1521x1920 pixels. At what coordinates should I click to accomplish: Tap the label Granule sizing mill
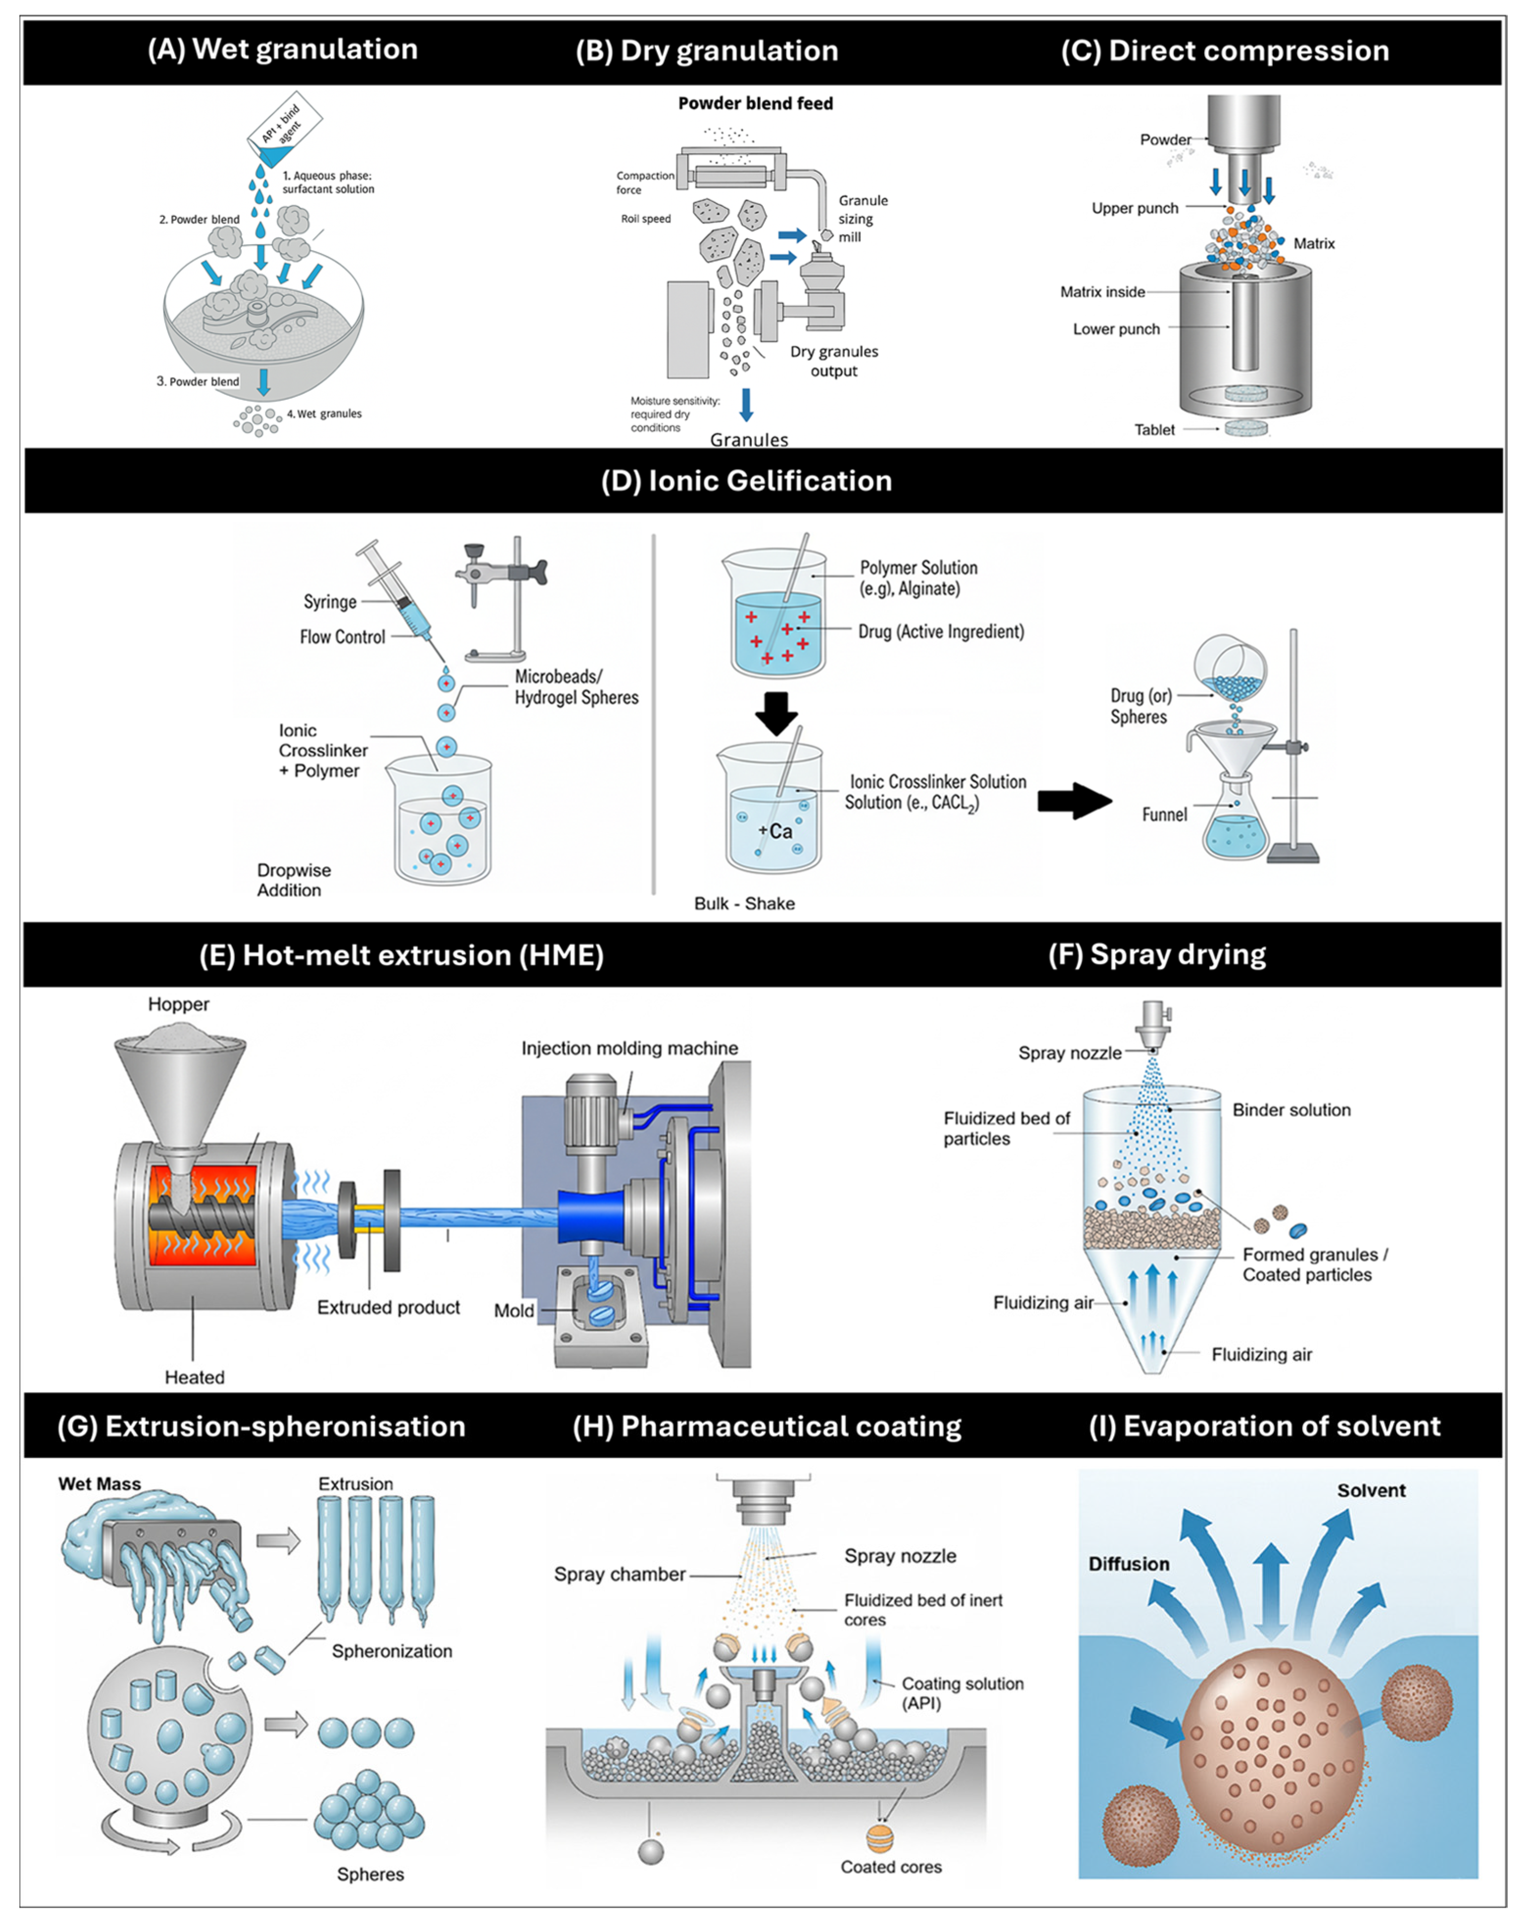pyautogui.click(x=862, y=219)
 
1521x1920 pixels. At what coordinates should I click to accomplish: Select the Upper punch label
pyautogui.click(x=1135, y=208)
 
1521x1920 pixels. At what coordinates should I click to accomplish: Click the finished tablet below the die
pyautogui.click(x=1245, y=429)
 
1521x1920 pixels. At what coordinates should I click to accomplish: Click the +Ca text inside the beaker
pyautogui.click(x=775, y=831)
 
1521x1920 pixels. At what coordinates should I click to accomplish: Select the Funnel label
pyautogui.click(x=1164, y=814)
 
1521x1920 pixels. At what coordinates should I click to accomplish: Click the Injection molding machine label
pyautogui.click(x=630, y=1048)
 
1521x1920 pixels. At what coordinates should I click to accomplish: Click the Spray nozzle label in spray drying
pyautogui.click(x=1070, y=1053)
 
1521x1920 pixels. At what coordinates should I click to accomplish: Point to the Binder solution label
pyautogui.click(x=1291, y=1110)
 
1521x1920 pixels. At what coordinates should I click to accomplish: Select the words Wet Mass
pyautogui.click(x=100, y=1484)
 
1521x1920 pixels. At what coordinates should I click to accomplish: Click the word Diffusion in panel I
pyautogui.click(x=1128, y=1564)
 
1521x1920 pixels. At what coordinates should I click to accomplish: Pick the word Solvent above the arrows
pyautogui.click(x=1371, y=1490)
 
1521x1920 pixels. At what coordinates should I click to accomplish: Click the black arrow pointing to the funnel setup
pyautogui.click(x=1075, y=801)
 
